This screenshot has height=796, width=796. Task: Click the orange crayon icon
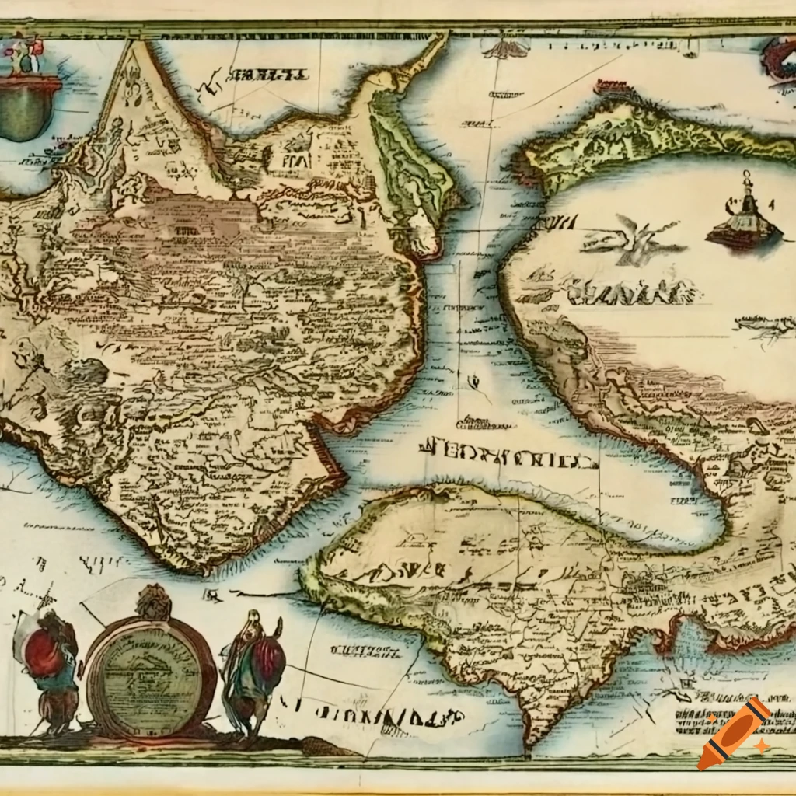pos(734,733)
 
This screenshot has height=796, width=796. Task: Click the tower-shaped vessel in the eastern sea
pos(744,218)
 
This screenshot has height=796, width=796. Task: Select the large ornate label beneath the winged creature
pos(634,292)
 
